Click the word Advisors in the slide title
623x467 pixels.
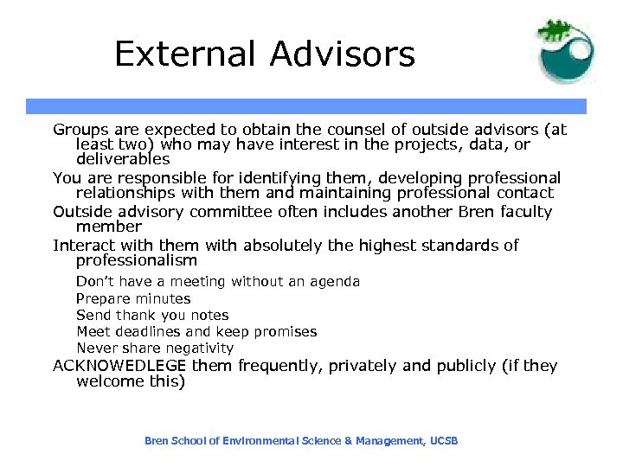click(x=342, y=54)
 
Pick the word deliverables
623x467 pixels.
click(x=123, y=159)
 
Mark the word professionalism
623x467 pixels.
click(x=137, y=260)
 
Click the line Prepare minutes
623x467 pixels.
click(x=133, y=298)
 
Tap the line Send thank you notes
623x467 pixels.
click(x=152, y=316)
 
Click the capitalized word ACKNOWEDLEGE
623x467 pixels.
click(x=119, y=366)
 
